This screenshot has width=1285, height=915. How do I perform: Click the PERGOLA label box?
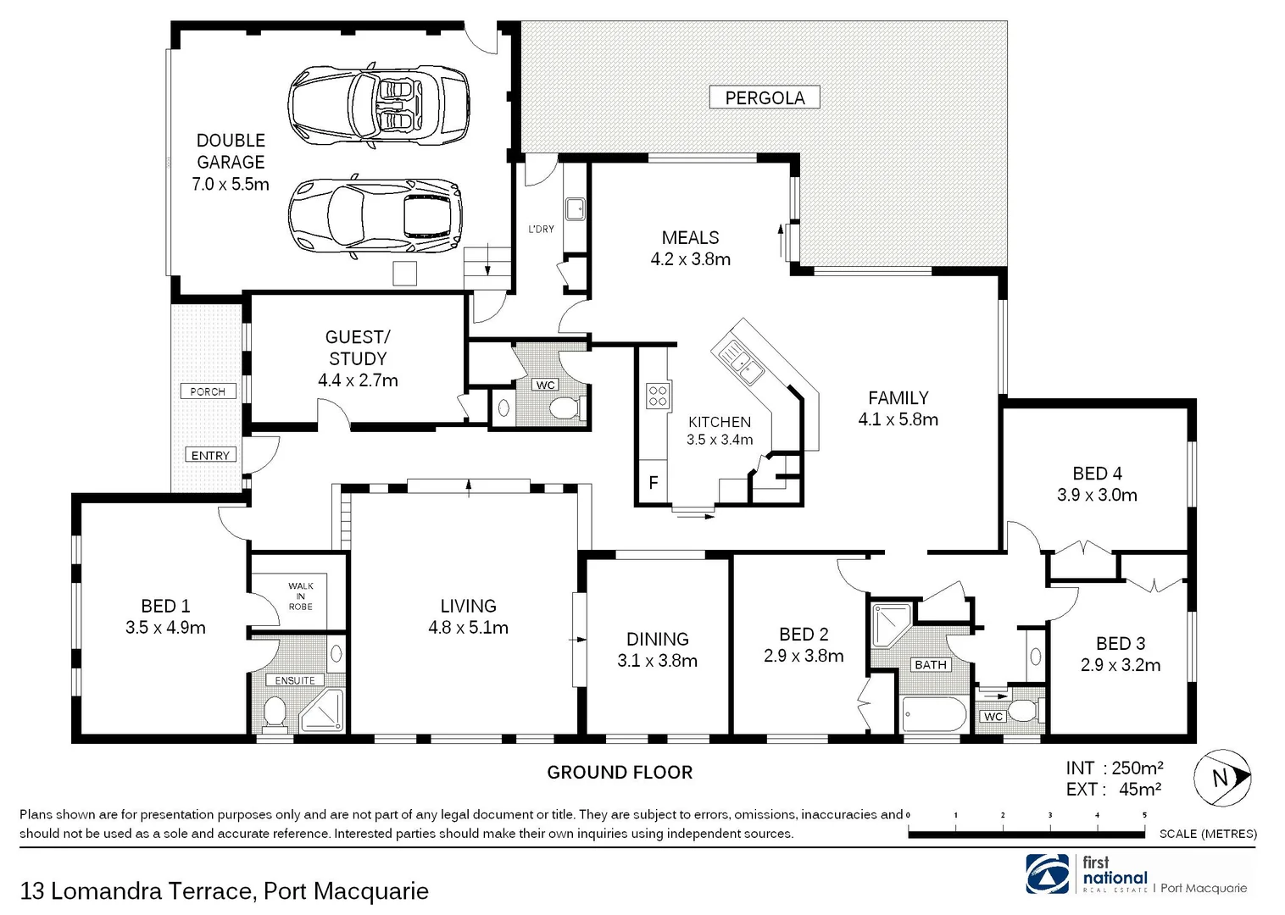click(x=765, y=97)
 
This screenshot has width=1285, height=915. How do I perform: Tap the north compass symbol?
click(x=1222, y=777)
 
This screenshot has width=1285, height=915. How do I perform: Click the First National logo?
click(x=1047, y=873)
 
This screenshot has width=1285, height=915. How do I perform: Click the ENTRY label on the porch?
click(x=210, y=455)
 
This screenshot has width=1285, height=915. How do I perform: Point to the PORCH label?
click(x=208, y=391)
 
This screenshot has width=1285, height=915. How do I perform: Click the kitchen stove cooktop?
click(x=658, y=396)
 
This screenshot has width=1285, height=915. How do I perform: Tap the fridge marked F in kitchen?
click(x=653, y=483)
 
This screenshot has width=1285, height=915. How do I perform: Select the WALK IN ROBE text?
click(x=300, y=596)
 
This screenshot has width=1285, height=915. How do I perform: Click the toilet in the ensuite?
click(x=274, y=712)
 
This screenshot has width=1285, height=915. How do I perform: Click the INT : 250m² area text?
click(x=1114, y=768)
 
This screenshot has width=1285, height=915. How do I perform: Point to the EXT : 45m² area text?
click(x=1113, y=790)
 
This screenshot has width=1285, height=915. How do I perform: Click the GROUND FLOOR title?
click(x=620, y=772)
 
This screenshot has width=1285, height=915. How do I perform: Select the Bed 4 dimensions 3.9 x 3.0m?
click(x=1097, y=495)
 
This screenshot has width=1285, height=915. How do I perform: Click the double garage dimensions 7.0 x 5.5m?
click(x=231, y=184)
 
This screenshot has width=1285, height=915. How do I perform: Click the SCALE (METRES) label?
click(x=1208, y=834)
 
